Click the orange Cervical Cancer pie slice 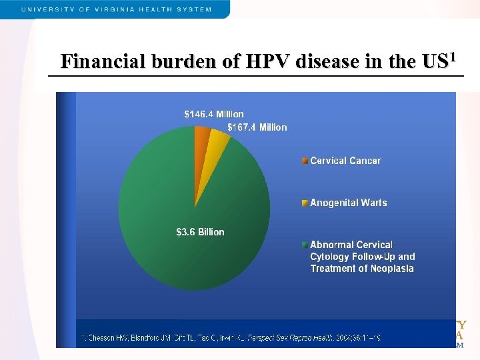[202, 135]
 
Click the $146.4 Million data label [214, 114]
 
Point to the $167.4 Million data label [257, 127]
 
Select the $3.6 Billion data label [200, 232]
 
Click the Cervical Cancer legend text [345, 161]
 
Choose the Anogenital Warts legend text [348, 203]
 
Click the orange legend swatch [305, 161]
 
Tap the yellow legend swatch [305, 203]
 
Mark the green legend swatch [305, 245]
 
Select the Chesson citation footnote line [230, 338]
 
